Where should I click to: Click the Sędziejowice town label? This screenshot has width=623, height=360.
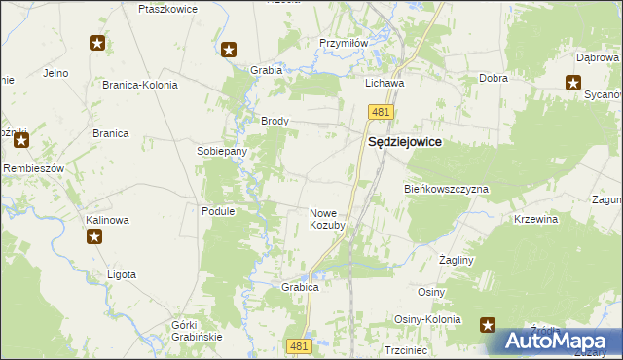[404, 142]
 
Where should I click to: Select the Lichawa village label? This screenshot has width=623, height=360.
[385, 84]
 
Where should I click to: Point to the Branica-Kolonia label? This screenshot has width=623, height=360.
[140, 85]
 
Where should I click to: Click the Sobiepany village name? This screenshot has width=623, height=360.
[222, 152]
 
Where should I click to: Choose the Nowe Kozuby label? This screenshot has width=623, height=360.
[327, 219]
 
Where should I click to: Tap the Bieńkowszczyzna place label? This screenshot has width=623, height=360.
[446, 189]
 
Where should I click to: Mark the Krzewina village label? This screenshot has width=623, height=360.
[535, 220]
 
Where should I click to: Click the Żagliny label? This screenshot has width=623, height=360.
[456, 261]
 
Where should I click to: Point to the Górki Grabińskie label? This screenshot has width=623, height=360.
[197, 330]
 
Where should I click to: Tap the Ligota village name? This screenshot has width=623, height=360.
[122, 275]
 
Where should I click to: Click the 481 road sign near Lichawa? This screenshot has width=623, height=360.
[380, 114]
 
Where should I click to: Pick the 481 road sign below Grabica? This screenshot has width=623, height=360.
[300, 345]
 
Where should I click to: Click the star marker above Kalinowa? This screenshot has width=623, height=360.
[94, 236]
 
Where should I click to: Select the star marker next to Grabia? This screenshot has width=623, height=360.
[229, 51]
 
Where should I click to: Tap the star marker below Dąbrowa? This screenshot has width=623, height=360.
[573, 82]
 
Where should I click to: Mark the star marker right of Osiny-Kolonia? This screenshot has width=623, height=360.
[489, 325]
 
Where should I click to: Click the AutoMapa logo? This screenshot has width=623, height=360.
[558, 342]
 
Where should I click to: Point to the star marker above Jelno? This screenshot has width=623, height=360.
[97, 43]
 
